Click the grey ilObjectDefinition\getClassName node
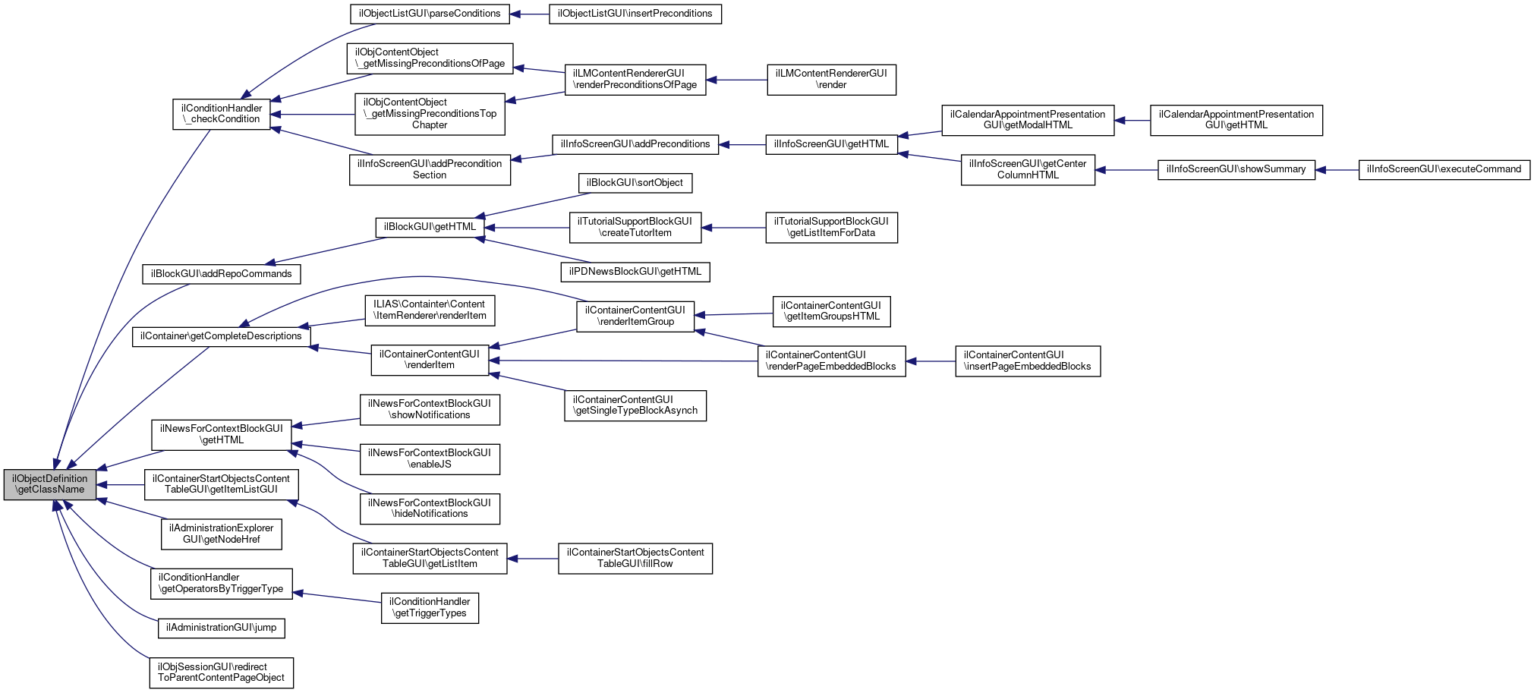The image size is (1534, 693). [50, 484]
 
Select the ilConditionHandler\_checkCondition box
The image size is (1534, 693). [221, 114]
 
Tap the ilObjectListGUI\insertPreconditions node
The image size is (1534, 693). [635, 14]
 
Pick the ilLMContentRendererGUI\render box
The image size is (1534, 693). [831, 79]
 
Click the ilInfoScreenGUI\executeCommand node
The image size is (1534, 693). [1444, 169]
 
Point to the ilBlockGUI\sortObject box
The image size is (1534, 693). [635, 183]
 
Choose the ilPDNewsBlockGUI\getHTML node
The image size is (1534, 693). [635, 272]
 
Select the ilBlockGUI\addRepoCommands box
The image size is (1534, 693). [221, 274]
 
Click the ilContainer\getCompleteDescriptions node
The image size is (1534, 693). [221, 336]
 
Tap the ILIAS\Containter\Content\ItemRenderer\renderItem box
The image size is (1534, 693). [430, 310]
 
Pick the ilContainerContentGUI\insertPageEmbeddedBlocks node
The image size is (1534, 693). [1027, 361]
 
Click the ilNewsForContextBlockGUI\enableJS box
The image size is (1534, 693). [430, 458]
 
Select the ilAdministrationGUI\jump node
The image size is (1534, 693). [221, 628]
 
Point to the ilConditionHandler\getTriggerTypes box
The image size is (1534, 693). [430, 608]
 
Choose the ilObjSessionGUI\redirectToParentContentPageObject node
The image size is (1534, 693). [221, 673]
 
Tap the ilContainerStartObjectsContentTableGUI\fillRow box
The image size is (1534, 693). [635, 558]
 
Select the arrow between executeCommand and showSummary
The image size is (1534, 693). [1337, 170]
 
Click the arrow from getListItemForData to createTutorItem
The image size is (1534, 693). [733, 228]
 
